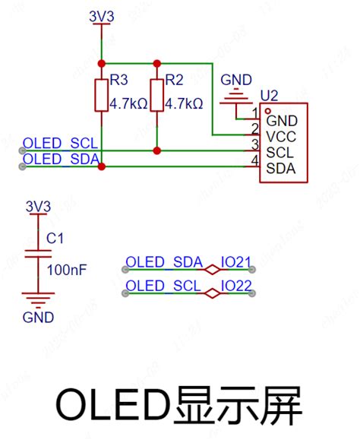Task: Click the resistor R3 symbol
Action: [x=101, y=95]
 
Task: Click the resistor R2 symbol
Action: [x=156, y=95]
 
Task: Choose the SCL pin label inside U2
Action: [x=279, y=152]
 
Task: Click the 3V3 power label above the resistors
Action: [x=101, y=15]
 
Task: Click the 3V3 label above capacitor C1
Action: [x=38, y=206]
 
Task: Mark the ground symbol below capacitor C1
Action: [x=33, y=299]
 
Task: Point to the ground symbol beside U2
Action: [x=236, y=95]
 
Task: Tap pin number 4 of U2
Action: [x=254, y=160]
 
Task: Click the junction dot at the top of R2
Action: [x=156, y=63]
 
